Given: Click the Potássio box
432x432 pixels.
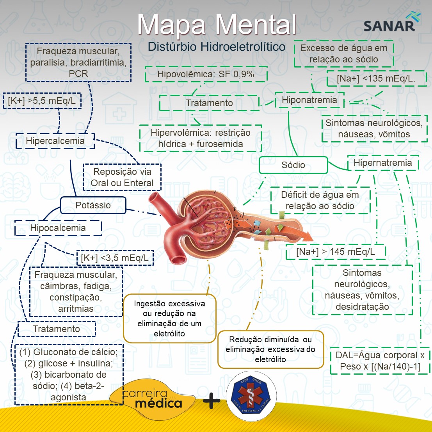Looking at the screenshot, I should coord(93,205).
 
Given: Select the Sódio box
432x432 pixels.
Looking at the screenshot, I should coord(293,165).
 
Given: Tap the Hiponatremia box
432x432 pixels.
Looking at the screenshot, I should coord(309,100).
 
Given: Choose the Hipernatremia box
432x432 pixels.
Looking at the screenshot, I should coord(383,163).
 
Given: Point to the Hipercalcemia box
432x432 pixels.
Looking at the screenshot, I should coord(55,141).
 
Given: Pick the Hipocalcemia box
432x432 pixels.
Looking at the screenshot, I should coord(58,228).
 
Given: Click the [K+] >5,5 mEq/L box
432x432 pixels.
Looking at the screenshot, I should coord(42,101).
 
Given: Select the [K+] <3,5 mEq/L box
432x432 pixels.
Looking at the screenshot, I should coord(115,258).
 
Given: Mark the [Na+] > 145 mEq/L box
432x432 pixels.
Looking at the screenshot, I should coord(336,252).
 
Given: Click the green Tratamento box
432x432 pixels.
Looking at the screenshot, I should coord(209,103).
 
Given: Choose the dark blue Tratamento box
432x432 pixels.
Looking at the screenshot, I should coord(57,329).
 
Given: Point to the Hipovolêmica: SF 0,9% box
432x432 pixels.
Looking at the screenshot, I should coord(206,74).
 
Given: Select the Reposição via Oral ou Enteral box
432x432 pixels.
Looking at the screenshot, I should coord(122,178).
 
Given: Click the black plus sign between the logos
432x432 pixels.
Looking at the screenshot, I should coord(211,401).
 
